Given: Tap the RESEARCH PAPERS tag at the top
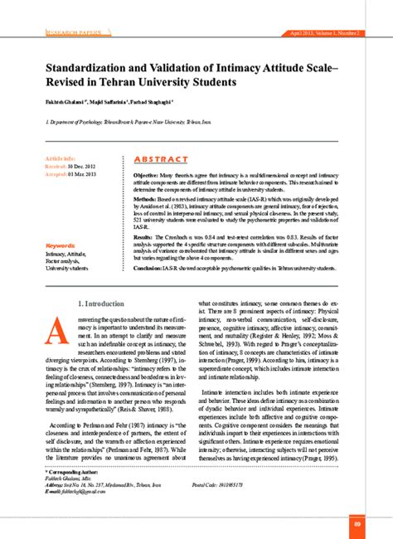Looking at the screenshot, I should point(70,32).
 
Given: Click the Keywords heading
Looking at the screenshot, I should point(61,245).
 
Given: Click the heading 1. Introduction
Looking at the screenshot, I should point(104,305).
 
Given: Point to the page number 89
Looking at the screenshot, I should point(356,523).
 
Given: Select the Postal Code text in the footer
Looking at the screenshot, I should point(240,483).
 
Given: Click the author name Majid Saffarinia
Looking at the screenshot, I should point(109,102).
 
